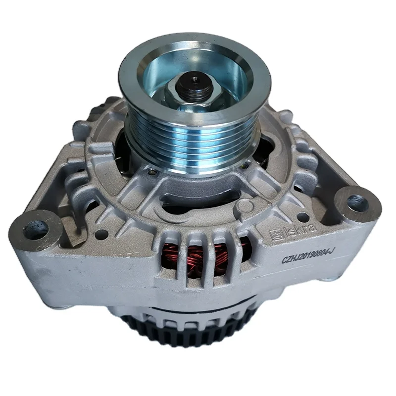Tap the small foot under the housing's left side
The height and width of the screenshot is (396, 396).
click(x=64, y=297)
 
